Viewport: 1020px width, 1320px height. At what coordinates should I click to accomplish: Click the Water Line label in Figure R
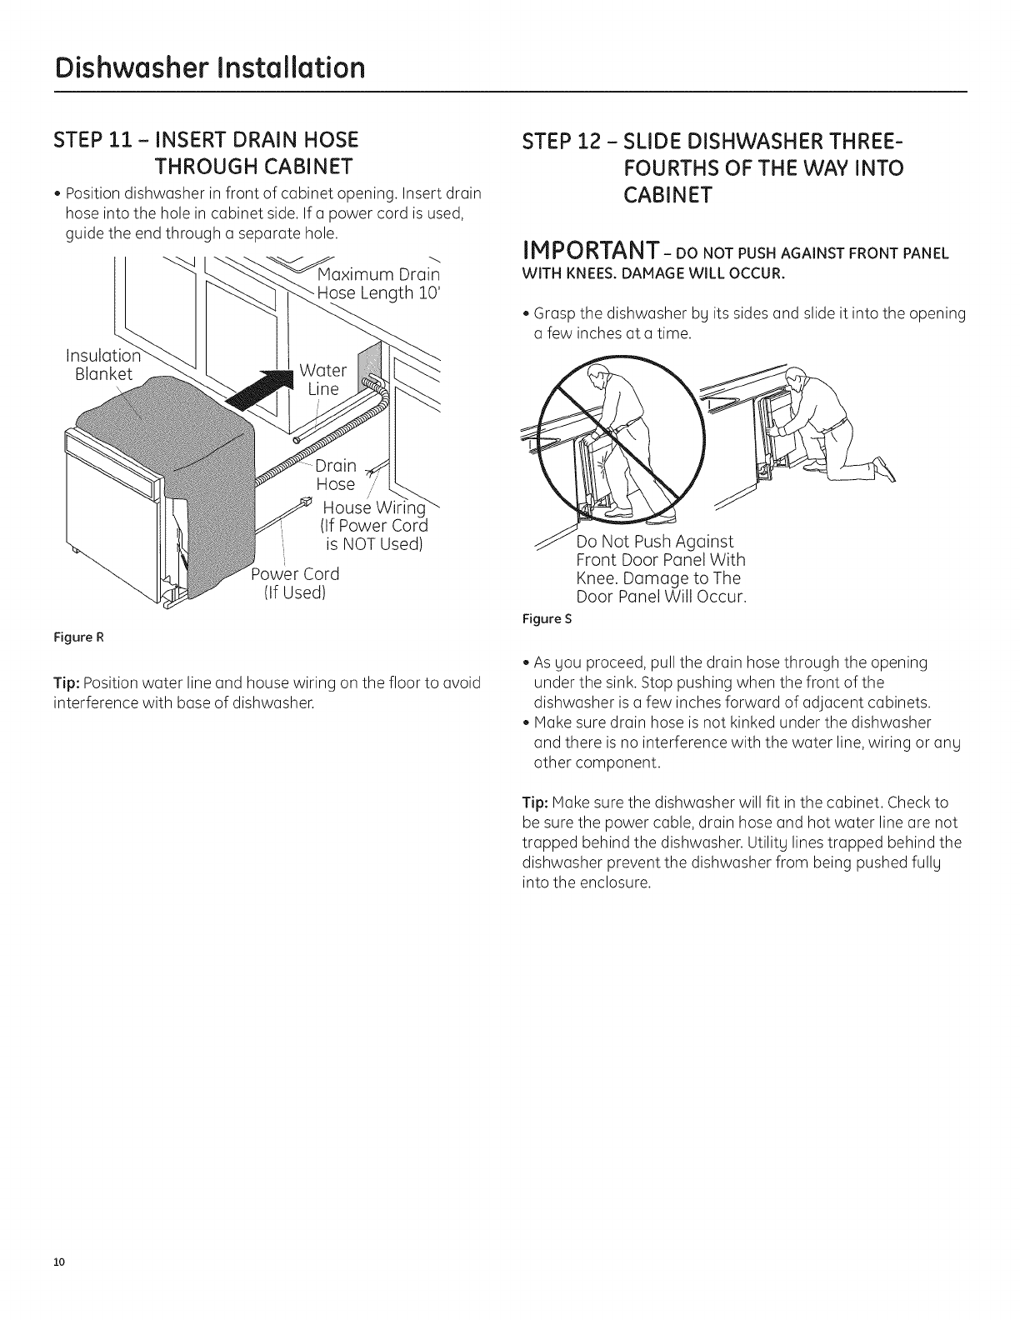[322, 379]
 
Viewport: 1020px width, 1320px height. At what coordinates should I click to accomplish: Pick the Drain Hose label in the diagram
[335, 474]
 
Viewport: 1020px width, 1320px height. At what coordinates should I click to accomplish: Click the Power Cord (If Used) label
[297, 583]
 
